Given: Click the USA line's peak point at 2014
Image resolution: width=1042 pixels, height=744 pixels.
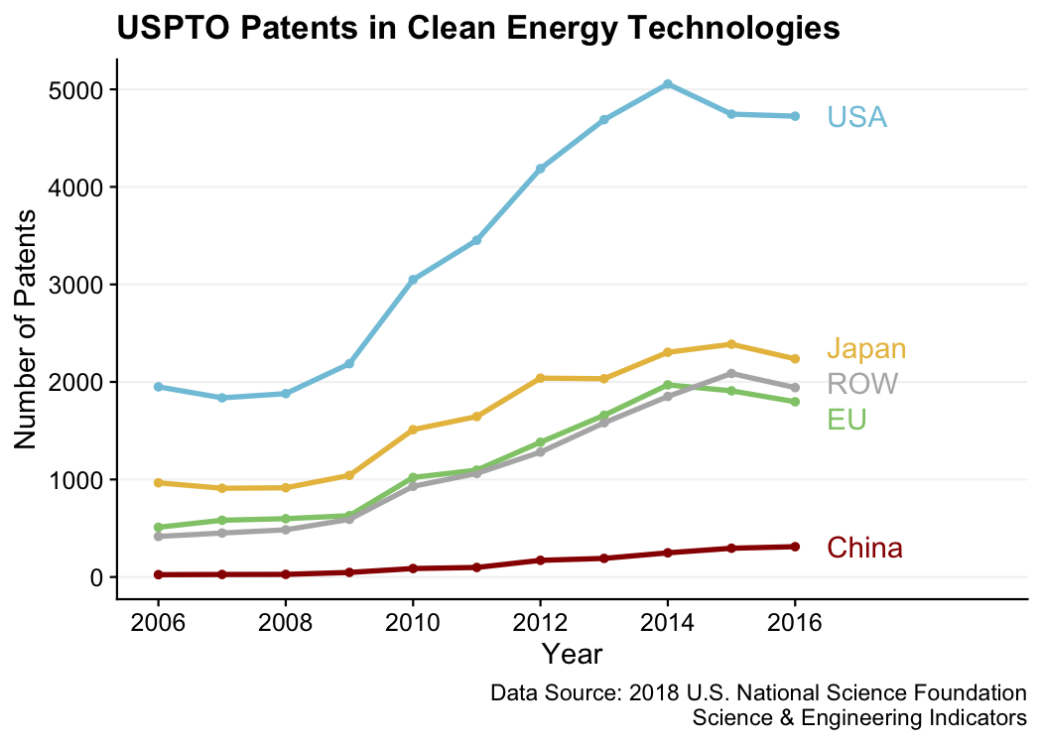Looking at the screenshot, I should tap(668, 84).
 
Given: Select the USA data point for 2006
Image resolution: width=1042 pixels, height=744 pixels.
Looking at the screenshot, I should tap(158, 387).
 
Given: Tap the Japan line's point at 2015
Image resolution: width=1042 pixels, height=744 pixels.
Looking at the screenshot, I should tap(731, 344).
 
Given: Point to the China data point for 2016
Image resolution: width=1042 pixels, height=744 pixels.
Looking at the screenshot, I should tap(795, 547).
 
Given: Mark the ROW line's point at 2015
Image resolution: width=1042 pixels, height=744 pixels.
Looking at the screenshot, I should tap(731, 373).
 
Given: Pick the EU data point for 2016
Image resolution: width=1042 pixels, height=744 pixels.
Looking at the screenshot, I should tap(795, 402).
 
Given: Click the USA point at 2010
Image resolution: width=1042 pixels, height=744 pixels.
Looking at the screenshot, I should tap(413, 280).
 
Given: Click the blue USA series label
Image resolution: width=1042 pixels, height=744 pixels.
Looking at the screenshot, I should tap(856, 118).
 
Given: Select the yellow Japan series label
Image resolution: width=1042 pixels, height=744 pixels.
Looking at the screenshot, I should tap(866, 349).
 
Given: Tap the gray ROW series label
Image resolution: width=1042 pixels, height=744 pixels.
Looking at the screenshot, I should tap(862, 384).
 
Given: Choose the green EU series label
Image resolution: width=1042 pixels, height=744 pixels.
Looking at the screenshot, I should tap(847, 420).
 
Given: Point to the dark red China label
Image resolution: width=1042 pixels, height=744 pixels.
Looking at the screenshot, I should tap(864, 548).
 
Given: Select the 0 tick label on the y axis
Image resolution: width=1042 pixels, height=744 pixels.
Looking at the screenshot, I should tap(95, 577).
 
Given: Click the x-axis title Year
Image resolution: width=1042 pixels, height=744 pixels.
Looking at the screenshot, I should tap(572, 655).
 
